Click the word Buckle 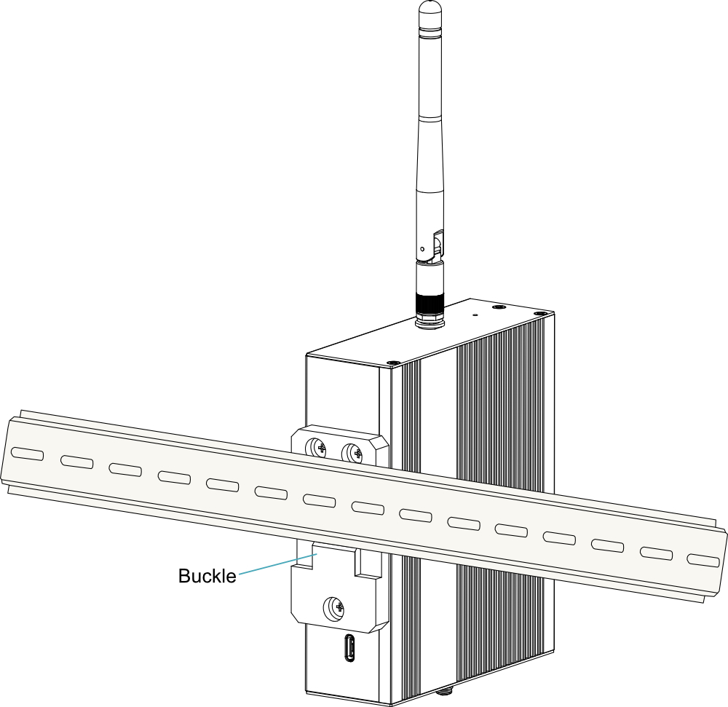(x=207, y=576)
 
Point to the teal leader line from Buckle (x=277, y=564)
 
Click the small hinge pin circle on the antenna (x=422, y=249)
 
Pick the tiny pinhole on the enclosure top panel (x=475, y=315)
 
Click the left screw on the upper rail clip (x=317, y=448)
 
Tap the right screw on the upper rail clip (x=352, y=452)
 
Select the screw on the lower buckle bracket (x=334, y=608)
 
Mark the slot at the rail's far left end (x=28, y=454)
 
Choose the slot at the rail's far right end (x=703, y=561)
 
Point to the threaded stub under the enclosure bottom (x=445, y=691)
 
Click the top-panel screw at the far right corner (x=539, y=313)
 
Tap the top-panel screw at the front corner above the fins (x=393, y=363)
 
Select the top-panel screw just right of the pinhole (x=499, y=307)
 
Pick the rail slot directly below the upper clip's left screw (x=320, y=500)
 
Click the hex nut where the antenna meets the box (x=431, y=321)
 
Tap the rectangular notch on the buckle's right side (x=365, y=563)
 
